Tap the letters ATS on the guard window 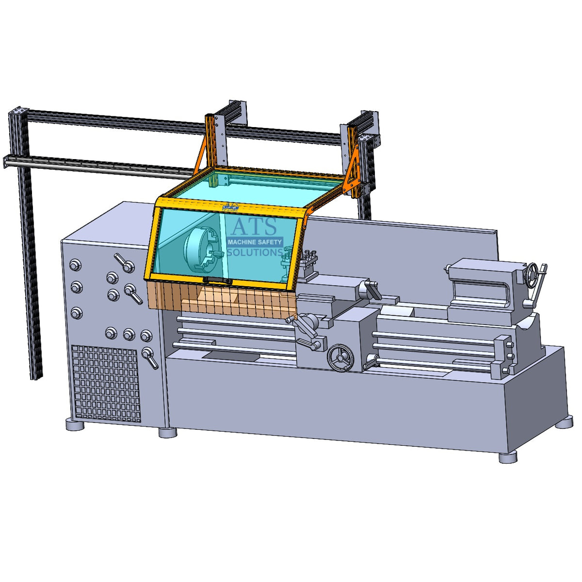(x=254, y=227)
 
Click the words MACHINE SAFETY (x=255, y=242)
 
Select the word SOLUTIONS (x=255, y=253)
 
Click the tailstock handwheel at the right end (x=533, y=276)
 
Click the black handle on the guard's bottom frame (x=217, y=281)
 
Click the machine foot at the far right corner (x=564, y=421)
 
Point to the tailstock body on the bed (x=485, y=291)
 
